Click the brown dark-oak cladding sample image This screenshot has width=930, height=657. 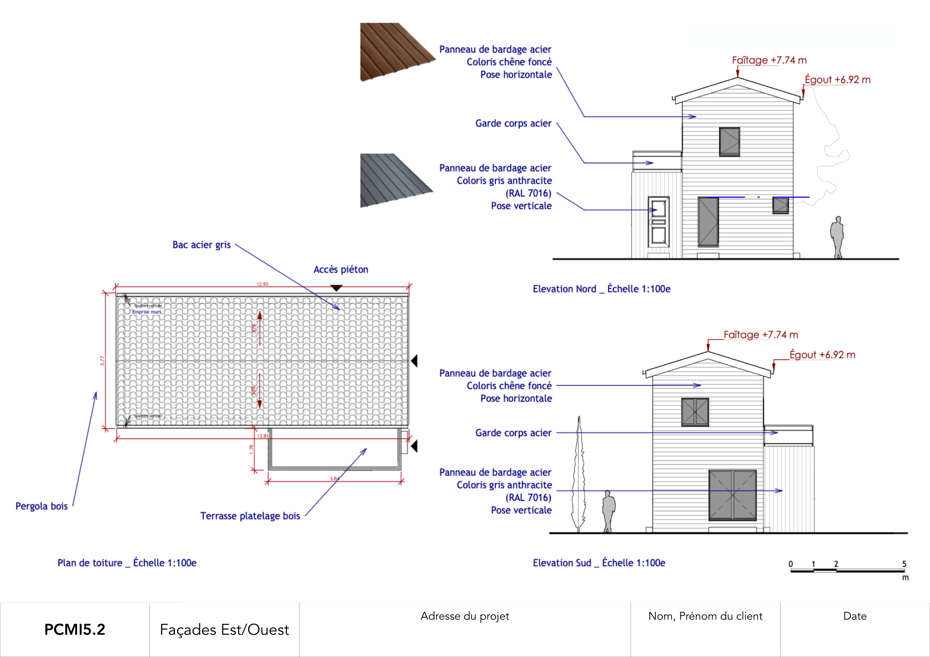coord(395,51)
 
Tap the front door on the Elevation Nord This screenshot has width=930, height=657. coord(658,222)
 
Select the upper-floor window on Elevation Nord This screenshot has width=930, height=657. coord(729,142)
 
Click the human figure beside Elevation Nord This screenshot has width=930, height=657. coord(837,237)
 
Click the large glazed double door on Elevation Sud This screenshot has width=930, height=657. coord(732,495)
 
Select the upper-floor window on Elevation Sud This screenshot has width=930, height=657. coord(695,412)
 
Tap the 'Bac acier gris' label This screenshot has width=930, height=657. coord(201,245)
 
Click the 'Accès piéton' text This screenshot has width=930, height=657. coord(341,269)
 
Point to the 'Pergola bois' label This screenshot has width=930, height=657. coord(41,506)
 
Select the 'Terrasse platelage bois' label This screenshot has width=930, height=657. coord(250,516)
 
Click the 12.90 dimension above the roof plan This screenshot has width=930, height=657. coord(262,284)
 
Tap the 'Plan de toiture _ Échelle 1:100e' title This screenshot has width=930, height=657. coord(127,563)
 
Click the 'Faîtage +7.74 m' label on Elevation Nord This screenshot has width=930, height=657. coord(769,60)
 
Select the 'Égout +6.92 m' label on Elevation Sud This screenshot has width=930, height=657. coord(822,355)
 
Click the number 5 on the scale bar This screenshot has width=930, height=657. coord(904,564)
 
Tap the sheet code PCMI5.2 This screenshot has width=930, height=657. coord(74,630)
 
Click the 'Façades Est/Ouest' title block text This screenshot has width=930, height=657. coord(224,630)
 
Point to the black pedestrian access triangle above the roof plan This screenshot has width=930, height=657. coord(336,288)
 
